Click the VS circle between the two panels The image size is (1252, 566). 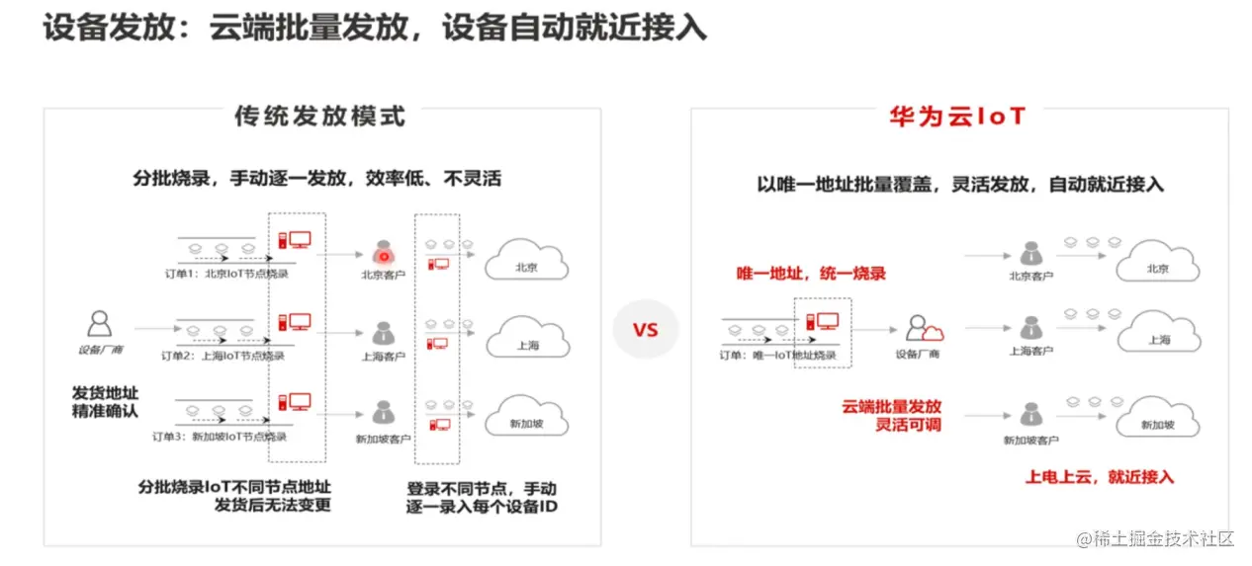click(x=645, y=329)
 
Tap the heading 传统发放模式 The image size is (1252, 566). click(x=319, y=116)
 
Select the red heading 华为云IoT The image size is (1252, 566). click(x=957, y=117)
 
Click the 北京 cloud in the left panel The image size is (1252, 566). click(x=526, y=262)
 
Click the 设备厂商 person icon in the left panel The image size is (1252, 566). click(x=99, y=324)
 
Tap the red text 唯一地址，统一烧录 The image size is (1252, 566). click(x=811, y=274)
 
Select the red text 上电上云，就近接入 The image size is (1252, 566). click(x=1099, y=477)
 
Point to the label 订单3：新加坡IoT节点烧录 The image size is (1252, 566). click(x=219, y=436)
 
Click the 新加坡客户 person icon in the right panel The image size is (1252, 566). click(x=1030, y=415)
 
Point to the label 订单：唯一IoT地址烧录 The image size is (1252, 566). click(x=777, y=355)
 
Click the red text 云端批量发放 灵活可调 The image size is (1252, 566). click(x=891, y=415)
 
